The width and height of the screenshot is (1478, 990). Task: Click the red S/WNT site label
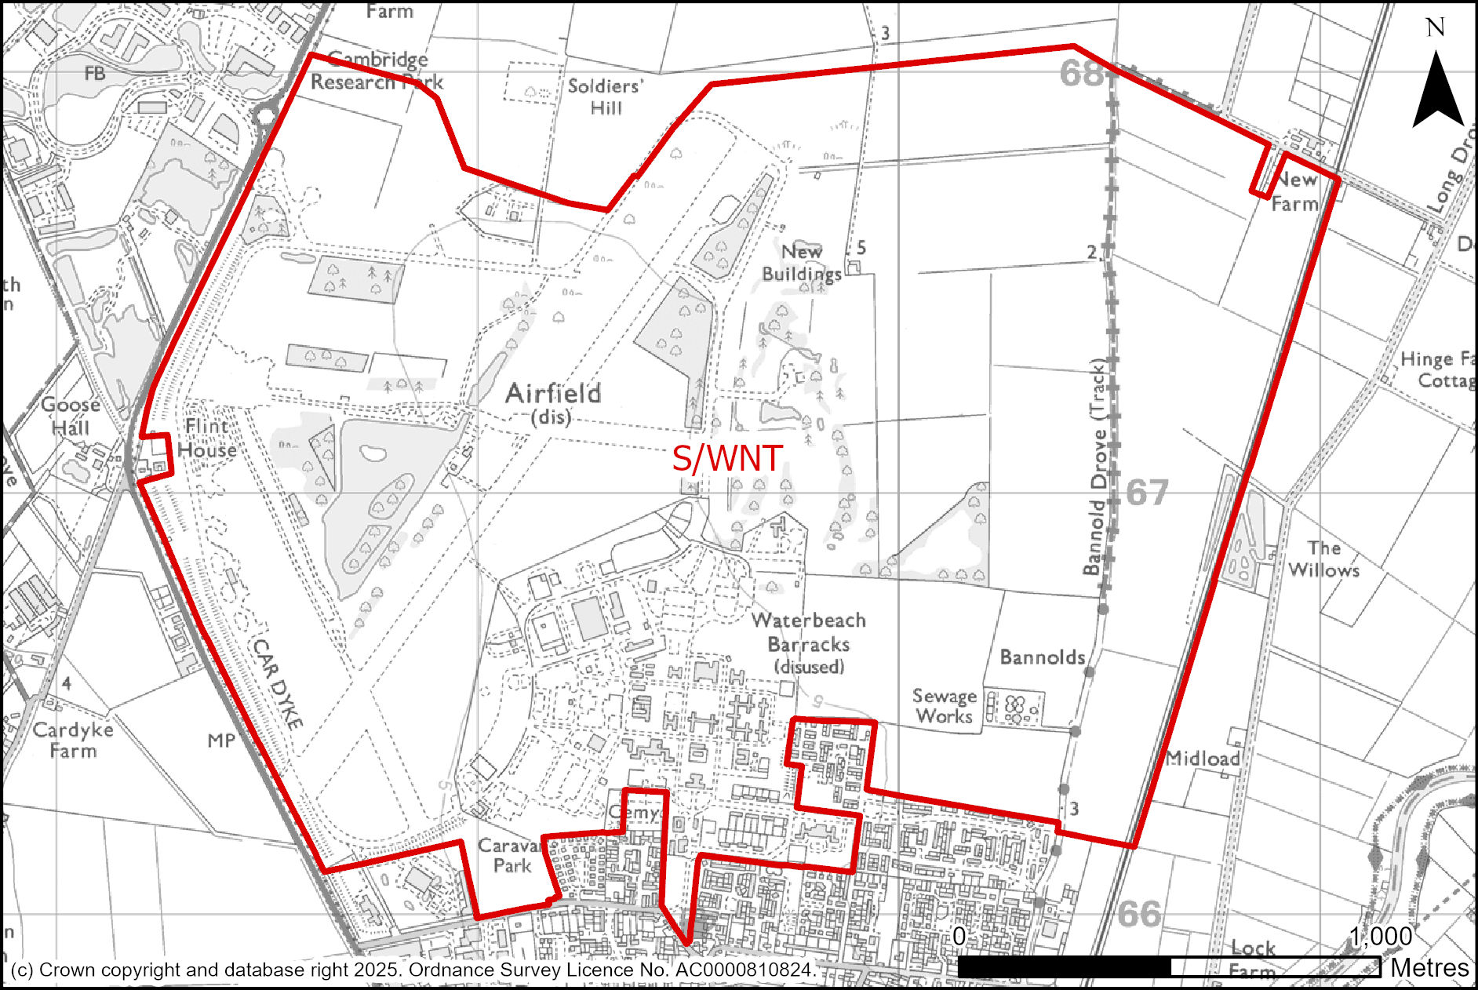(x=727, y=459)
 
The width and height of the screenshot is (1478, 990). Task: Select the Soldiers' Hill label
(x=606, y=96)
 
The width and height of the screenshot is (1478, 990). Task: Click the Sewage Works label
(x=945, y=706)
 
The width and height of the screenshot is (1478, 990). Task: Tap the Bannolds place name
(x=1042, y=657)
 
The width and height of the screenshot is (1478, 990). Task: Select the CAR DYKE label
(x=277, y=684)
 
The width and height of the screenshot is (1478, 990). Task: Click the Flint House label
(x=206, y=438)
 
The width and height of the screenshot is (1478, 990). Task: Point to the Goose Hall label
(x=71, y=417)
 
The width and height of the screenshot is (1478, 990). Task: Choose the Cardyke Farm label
(x=73, y=740)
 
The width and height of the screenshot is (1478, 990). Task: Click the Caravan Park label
(x=511, y=856)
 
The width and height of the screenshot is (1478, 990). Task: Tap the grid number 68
(x=1082, y=73)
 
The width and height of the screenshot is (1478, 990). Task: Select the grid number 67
(x=1147, y=493)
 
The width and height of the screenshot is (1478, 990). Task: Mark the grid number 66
(x=1139, y=914)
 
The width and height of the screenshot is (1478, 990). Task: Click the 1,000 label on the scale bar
(x=1381, y=937)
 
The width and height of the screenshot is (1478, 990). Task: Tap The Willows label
(x=1323, y=559)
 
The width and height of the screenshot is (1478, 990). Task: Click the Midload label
(x=1203, y=759)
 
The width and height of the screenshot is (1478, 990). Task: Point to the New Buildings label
(x=802, y=263)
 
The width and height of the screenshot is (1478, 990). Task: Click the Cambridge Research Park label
(x=377, y=71)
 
